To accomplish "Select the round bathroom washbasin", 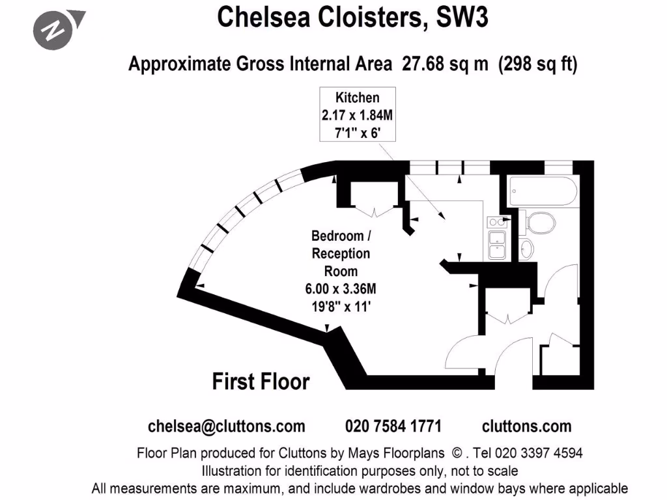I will (x=528, y=247).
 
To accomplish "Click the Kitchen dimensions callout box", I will (x=357, y=115).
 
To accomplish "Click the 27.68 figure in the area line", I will (x=420, y=64).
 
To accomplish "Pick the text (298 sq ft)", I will (x=537, y=64).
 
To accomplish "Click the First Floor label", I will (x=261, y=382).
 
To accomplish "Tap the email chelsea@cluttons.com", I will (x=226, y=426).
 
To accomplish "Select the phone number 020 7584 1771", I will (x=393, y=426).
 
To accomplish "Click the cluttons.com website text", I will (x=526, y=426).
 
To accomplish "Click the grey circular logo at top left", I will (x=53, y=30).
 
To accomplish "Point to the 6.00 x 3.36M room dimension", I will (x=341, y=288).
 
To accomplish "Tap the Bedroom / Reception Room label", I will (x=341, y=253).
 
